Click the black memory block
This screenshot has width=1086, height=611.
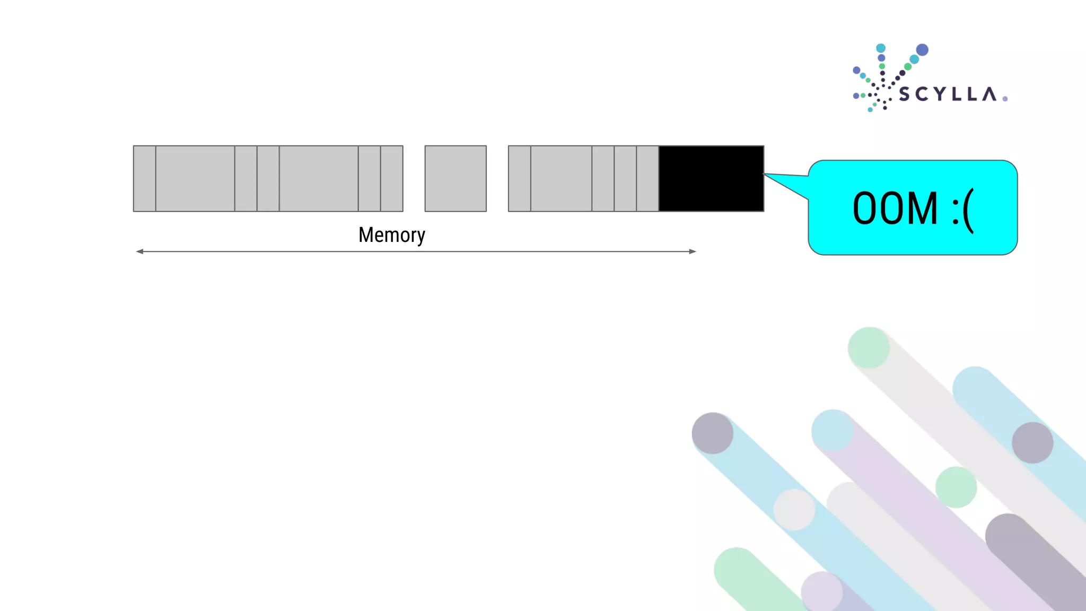711,179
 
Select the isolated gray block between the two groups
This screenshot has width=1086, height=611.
456,179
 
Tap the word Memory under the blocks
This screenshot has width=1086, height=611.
391,235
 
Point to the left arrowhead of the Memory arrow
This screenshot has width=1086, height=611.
139,251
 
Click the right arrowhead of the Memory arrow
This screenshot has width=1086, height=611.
693,251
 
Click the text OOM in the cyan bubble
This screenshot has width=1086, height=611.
895,208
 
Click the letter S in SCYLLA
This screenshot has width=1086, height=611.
904,94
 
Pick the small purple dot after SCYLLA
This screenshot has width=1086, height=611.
1005,99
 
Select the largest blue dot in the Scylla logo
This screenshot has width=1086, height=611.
922,50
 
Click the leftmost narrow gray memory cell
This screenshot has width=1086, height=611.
144,179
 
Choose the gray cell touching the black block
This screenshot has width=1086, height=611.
647,179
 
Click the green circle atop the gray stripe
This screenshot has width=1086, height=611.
869,348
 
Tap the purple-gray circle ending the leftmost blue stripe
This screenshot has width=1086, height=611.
713,433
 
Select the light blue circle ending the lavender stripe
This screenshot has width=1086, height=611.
832,430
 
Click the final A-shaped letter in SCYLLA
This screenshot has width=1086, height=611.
989,94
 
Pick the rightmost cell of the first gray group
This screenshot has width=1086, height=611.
392,179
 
